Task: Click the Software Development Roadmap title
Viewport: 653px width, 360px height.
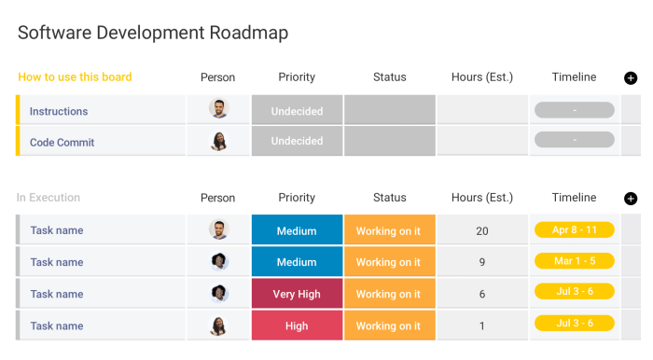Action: tap(153, 33)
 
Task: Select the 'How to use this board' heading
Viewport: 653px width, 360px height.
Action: tap(75, 77)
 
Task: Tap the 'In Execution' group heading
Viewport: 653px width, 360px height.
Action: tap(49, 198)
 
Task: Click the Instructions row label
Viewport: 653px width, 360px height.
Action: tap(59, 111)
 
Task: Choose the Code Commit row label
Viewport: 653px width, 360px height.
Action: tap(63, 143)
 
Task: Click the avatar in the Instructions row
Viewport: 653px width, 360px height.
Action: tap(219, 109)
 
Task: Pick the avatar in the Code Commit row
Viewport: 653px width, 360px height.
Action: tap(219, 142)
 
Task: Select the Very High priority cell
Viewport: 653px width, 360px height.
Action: tap(297, 294)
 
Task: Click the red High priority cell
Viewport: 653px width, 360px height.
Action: tap(297, 325)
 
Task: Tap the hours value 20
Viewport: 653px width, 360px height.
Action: tap(482, 230)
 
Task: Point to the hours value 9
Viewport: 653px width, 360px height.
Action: tap(482, 262)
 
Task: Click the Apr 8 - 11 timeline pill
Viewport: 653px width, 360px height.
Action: tap(575, 229)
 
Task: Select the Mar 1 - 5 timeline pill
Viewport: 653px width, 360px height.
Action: tap(575, 261)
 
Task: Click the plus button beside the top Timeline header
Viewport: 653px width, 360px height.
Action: tap(631, 78)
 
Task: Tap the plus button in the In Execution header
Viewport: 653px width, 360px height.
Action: tap(631, 199)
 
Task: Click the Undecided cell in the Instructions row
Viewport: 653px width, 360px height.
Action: tap(297, 111)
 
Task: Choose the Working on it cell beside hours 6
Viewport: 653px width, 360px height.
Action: tap(389, 294)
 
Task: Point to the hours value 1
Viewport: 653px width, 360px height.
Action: tap(482, 325)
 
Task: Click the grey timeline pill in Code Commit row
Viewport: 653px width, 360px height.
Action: tap(575, 140)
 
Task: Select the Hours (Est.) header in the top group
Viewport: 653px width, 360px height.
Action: tap(482, 77)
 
